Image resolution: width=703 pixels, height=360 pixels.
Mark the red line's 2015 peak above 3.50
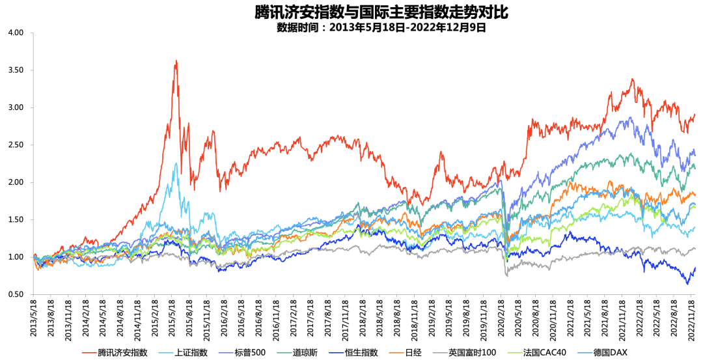click(x=176, y=61)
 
